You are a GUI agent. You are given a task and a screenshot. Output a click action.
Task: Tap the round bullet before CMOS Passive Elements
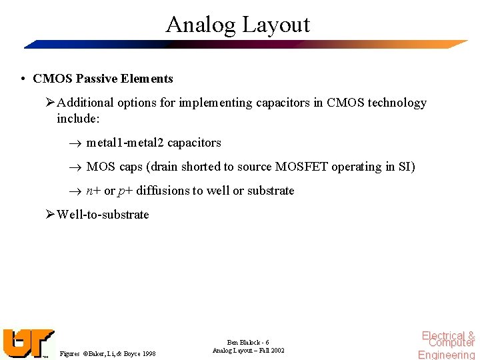coord(23,79)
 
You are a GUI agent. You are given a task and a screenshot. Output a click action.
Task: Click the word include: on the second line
coord(78,118)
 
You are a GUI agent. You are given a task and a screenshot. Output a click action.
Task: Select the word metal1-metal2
coord(125,143)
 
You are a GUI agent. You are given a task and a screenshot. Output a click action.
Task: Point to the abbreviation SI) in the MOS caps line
coord(406,167)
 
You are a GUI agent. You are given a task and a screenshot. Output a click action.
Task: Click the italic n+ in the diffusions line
coord(93,191)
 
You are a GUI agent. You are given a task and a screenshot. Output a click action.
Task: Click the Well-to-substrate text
coord(103,215)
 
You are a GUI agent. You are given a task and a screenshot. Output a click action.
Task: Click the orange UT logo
coord(27,343)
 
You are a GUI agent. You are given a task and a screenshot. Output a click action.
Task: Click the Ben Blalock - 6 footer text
coord(249,342)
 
